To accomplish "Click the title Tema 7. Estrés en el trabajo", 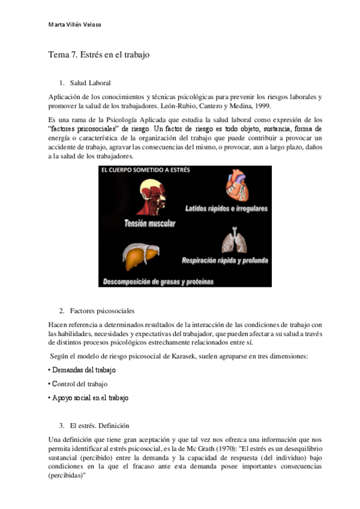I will click(98, 55).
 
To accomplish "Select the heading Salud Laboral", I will click(90, 82).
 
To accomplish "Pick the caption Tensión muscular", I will click(150, 223).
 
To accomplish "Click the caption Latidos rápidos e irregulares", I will click(227, 208).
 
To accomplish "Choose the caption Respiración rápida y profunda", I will click(225, 261).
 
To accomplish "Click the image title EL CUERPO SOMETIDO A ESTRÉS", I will click(146, 170).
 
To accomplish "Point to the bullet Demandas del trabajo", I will click(83, 370).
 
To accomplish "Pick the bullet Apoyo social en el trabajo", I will click(90, 397).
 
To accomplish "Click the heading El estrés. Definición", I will click(99, 426).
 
